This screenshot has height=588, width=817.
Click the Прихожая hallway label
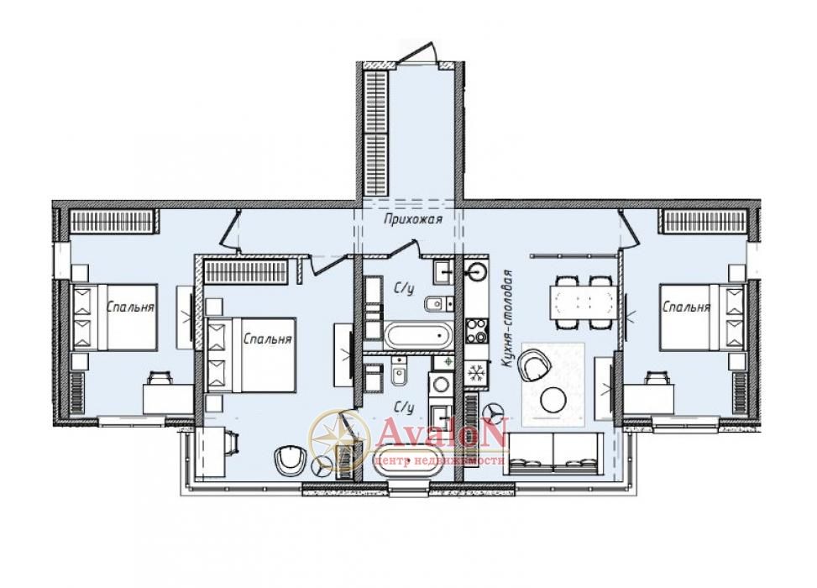click(x=412, y=219)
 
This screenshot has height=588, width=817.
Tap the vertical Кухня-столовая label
click(x=508, y=319)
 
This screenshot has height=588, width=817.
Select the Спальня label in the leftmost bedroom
click(x=130, y=307)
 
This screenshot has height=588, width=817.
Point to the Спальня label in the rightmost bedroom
click(x=686, y=307)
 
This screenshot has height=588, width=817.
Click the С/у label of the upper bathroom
click(x=405, y=288)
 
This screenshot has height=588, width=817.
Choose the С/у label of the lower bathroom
click(x=405, y=407)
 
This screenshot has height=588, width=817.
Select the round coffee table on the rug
click(x=553, y=400)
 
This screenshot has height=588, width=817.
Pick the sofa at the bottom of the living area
click(x=553, y=453)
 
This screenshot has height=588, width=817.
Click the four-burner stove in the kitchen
click(x=477, y=330)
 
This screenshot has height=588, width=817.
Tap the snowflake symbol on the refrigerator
click(x=474, y=374)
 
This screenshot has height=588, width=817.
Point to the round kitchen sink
click(x=476, y=271)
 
